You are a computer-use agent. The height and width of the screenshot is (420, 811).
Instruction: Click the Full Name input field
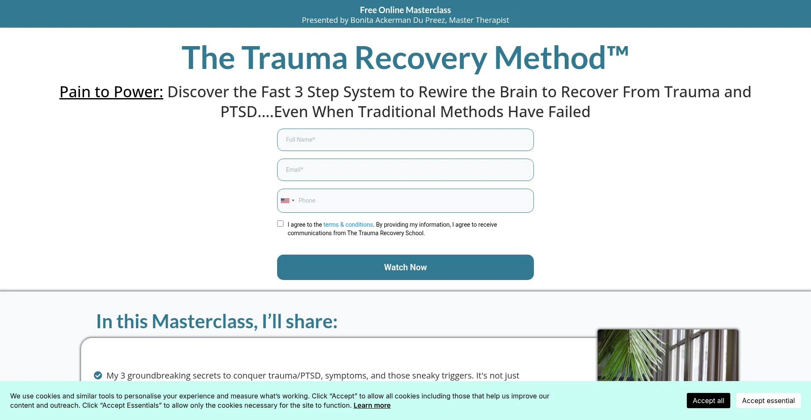pos(405,140)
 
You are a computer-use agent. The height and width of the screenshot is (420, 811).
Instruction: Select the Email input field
pos(405,170)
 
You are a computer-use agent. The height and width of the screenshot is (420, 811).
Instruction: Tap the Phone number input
pos(414,200)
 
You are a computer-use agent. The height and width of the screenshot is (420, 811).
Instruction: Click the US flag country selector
pos(287,200)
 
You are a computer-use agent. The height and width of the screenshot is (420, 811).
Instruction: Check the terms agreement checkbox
pos(280,224)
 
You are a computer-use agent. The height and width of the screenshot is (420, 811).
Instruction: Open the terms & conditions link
pos(348,225)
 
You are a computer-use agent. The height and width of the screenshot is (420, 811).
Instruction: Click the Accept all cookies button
pos(708,401)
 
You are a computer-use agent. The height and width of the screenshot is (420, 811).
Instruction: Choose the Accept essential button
pos(768,401)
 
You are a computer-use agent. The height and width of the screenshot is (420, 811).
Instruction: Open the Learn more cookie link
pos(372,405)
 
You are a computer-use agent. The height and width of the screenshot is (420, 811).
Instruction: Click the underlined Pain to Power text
pos(111,92)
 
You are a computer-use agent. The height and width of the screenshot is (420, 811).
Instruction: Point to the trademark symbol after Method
pos(618,52)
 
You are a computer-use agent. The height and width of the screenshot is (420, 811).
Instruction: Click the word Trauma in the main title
pos(294,58)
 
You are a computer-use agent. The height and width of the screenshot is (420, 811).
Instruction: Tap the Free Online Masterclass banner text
pos(405,10)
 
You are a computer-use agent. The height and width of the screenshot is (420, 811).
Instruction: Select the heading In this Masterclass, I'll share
pos(217,321)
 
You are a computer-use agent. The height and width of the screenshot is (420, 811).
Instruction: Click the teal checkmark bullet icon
pos(98,375)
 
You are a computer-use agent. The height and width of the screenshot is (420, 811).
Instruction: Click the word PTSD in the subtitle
pos(239,112)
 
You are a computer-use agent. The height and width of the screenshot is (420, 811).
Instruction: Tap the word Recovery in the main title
pos(421,58)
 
